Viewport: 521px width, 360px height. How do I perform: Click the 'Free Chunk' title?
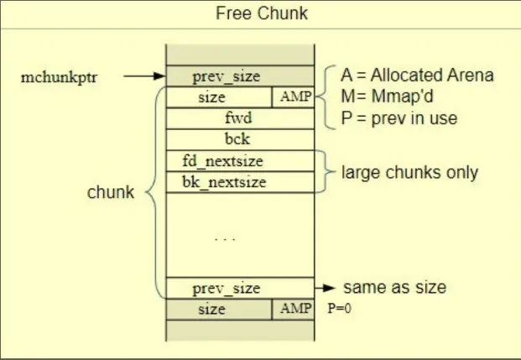(x=262, y=14)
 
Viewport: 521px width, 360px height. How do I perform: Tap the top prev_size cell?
(x=226, y=76)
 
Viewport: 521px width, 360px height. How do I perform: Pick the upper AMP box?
(x=294, y=97)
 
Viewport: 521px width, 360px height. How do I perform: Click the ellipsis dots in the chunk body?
(x=225, y=240)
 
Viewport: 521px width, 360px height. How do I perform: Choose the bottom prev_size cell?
(x=227, y=288)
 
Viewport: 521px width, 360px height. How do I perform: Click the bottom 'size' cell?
(x=212, y=309)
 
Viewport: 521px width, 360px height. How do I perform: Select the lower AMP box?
(x=294, y=309)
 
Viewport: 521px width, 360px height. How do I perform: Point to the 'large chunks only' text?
(x=409, y=173)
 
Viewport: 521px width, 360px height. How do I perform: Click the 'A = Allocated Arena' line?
(x=417, y=76)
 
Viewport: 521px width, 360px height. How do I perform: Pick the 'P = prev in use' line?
(x=399, y=118)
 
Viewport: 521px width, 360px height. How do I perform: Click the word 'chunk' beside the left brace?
(x=110, y=192)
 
